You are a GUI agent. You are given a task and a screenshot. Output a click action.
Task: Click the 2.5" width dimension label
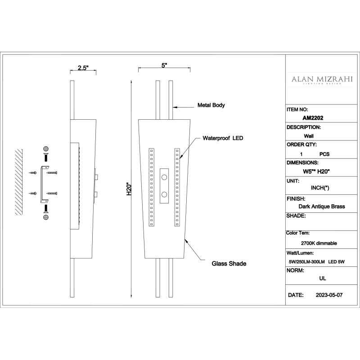pyautogui.click(x=83, y=68)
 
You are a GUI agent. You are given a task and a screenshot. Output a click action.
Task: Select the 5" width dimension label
pyautogui.click(x=164, y=65)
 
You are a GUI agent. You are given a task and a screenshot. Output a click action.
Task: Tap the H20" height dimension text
pyautogui.click(x=129, y=189)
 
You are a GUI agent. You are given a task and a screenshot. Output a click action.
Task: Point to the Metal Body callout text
pyautogui.click(x=211, y=105)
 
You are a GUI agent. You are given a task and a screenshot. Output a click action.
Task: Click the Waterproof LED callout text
pyautogui.click(x=223, y=138)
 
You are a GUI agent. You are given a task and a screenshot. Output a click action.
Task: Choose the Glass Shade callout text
pyautogui.click(x=229, y=264)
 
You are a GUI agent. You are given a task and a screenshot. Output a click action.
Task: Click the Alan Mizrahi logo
pyautogui.click(x=322, y=80)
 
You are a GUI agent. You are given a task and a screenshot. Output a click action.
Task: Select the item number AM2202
pyautogui.click(x=313, y=118)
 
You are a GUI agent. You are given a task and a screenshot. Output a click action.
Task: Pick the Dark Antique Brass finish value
pyautogui.click(x=322, y=207)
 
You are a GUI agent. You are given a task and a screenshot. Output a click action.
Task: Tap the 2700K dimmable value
pyautogui.click(x=319, y=243)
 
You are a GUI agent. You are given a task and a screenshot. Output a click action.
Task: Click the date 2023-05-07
pyautogui.click(x=329, y=295)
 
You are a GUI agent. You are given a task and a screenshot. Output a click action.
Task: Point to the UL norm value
pyautogui.click(x=323, y=278)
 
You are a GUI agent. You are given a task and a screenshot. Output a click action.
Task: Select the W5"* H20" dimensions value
pyautogui.click(x=316, y=171)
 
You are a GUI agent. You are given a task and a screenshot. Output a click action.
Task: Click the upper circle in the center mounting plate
pyautogui.click(x=164, y=177)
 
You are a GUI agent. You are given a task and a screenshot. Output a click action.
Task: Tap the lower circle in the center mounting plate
pyautogui.click(x=164, y=195)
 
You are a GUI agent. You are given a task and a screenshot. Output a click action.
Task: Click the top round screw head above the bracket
pyautogui.click(x=46, y=149)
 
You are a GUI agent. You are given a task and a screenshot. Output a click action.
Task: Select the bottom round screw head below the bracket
pyautogui.click(x=46, y=217)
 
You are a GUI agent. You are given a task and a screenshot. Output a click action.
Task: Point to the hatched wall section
pyautogui.click(x=19, y=182)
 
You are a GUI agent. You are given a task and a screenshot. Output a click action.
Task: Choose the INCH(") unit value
pyautogui.click(x=320, y=188)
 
